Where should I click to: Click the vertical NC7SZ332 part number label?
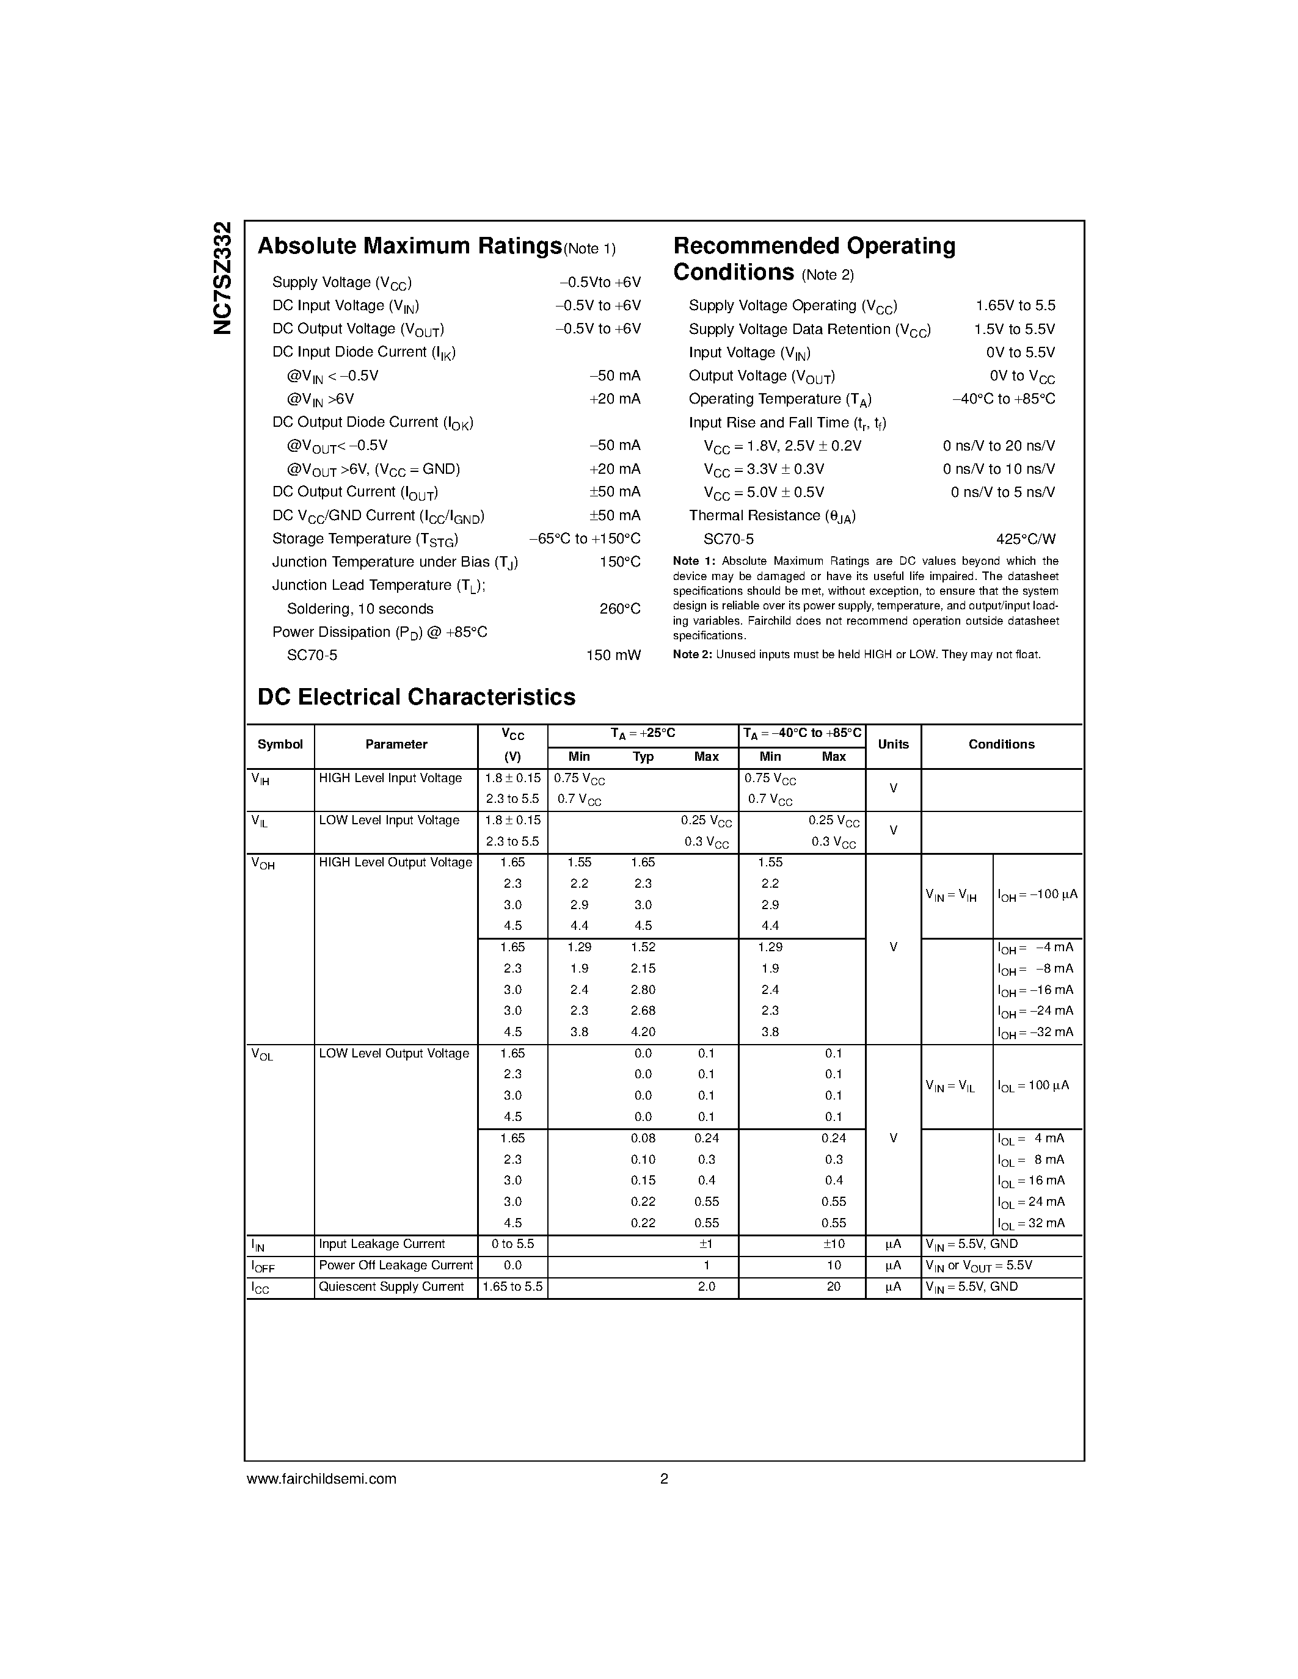click(x=222, y=278)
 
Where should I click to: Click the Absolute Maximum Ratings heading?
click(x=409, y=246)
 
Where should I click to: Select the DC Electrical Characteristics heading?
click(x=416, y=697)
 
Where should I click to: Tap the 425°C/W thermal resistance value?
click(x=1025, y=539)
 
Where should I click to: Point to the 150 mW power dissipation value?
click(x=613, y=655)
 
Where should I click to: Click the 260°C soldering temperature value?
click(x=620, y=609)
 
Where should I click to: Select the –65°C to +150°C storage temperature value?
click(x=585, y=539)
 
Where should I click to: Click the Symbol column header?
click(x=280, y=744)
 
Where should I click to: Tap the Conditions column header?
click(x=1001, y=744)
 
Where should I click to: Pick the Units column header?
click(x=893, y=744)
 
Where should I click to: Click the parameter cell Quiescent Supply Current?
click(x=392, y=1286)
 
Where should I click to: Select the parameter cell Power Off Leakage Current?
click(x=395, y=1264)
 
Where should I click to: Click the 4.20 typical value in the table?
click(x=643, y=1032)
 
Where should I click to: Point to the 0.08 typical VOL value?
click(x=643, y=1138)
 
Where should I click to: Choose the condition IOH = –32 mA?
click(x=1035, y=1032)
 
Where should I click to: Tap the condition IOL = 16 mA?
click(x=1030, y=1180)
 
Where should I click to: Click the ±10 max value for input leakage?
click(x=834, y=1244)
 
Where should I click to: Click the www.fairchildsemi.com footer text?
click(x=321, y=1478)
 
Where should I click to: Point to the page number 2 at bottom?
click(x=663, y=1478)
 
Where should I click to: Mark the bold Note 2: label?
click(x=692, y=655)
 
